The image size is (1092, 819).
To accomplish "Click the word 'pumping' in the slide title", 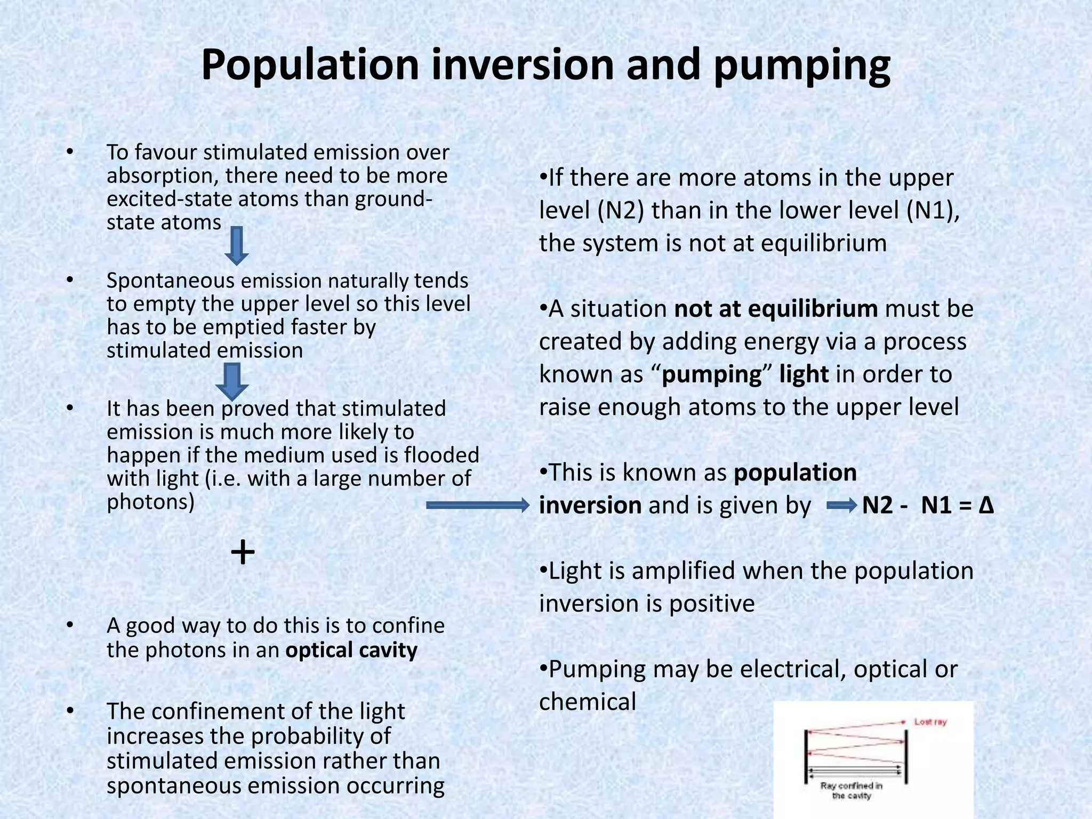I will click(802, 65).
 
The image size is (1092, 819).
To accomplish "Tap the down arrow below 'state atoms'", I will click(236, 246).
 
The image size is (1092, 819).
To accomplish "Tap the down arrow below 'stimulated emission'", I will click(232, 381).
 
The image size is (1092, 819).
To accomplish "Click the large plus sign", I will click(243, 552).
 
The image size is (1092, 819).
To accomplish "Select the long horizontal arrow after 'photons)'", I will click(478, 505).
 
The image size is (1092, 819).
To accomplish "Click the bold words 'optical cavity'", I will click(351, 650).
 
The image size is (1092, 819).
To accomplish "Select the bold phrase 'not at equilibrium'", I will click(776, 309).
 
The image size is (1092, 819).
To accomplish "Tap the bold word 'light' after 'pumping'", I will click(804, 374).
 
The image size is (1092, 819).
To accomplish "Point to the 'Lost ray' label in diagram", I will click(930, 722).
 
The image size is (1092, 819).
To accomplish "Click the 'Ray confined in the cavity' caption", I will click(851, 791).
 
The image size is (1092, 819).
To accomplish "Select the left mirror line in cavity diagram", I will click(806, 757).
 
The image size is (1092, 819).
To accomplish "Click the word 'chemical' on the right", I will click(588, 702).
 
